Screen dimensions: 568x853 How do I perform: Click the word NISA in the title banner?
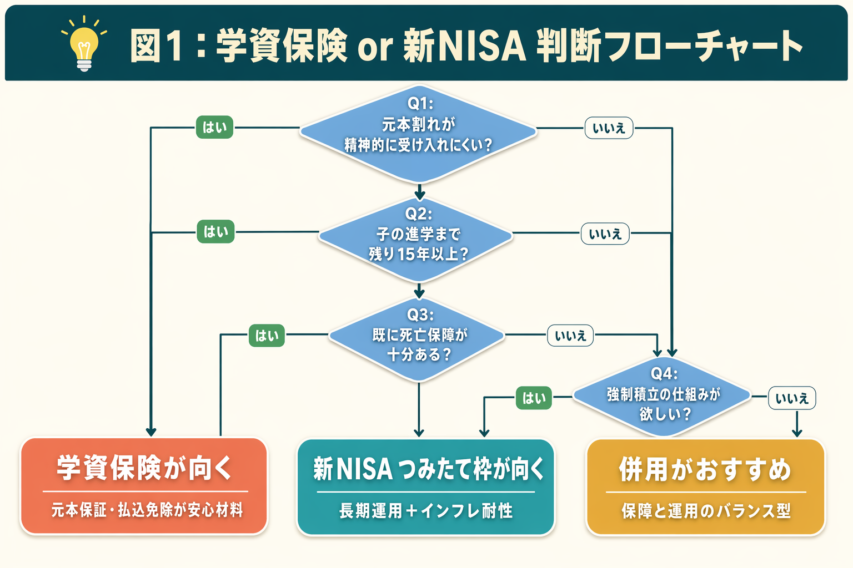(481, 45)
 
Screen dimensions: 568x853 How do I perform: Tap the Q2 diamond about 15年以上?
(416, 239)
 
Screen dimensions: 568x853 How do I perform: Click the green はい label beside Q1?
(214, 128)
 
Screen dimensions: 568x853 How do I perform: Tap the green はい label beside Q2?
(215, 232)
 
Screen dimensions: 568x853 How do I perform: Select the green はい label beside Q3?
(267, 336)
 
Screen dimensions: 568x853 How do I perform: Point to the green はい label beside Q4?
(534, 398)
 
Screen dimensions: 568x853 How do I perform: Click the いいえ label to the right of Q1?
(609, 128)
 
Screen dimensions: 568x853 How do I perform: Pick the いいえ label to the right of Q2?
(605, 234)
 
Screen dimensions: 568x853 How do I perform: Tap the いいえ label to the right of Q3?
(570, 336)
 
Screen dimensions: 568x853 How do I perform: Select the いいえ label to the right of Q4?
(792, 398)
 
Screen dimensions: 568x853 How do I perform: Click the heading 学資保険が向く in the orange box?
(144, 468)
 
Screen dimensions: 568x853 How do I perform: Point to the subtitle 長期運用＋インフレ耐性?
(426, 510)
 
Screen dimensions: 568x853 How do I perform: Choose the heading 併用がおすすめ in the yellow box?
(705, 469)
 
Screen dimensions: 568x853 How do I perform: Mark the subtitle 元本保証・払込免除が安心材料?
(147, 510)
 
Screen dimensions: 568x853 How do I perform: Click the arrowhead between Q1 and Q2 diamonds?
(420, 195)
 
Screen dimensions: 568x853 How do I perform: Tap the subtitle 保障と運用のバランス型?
(706, 511)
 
